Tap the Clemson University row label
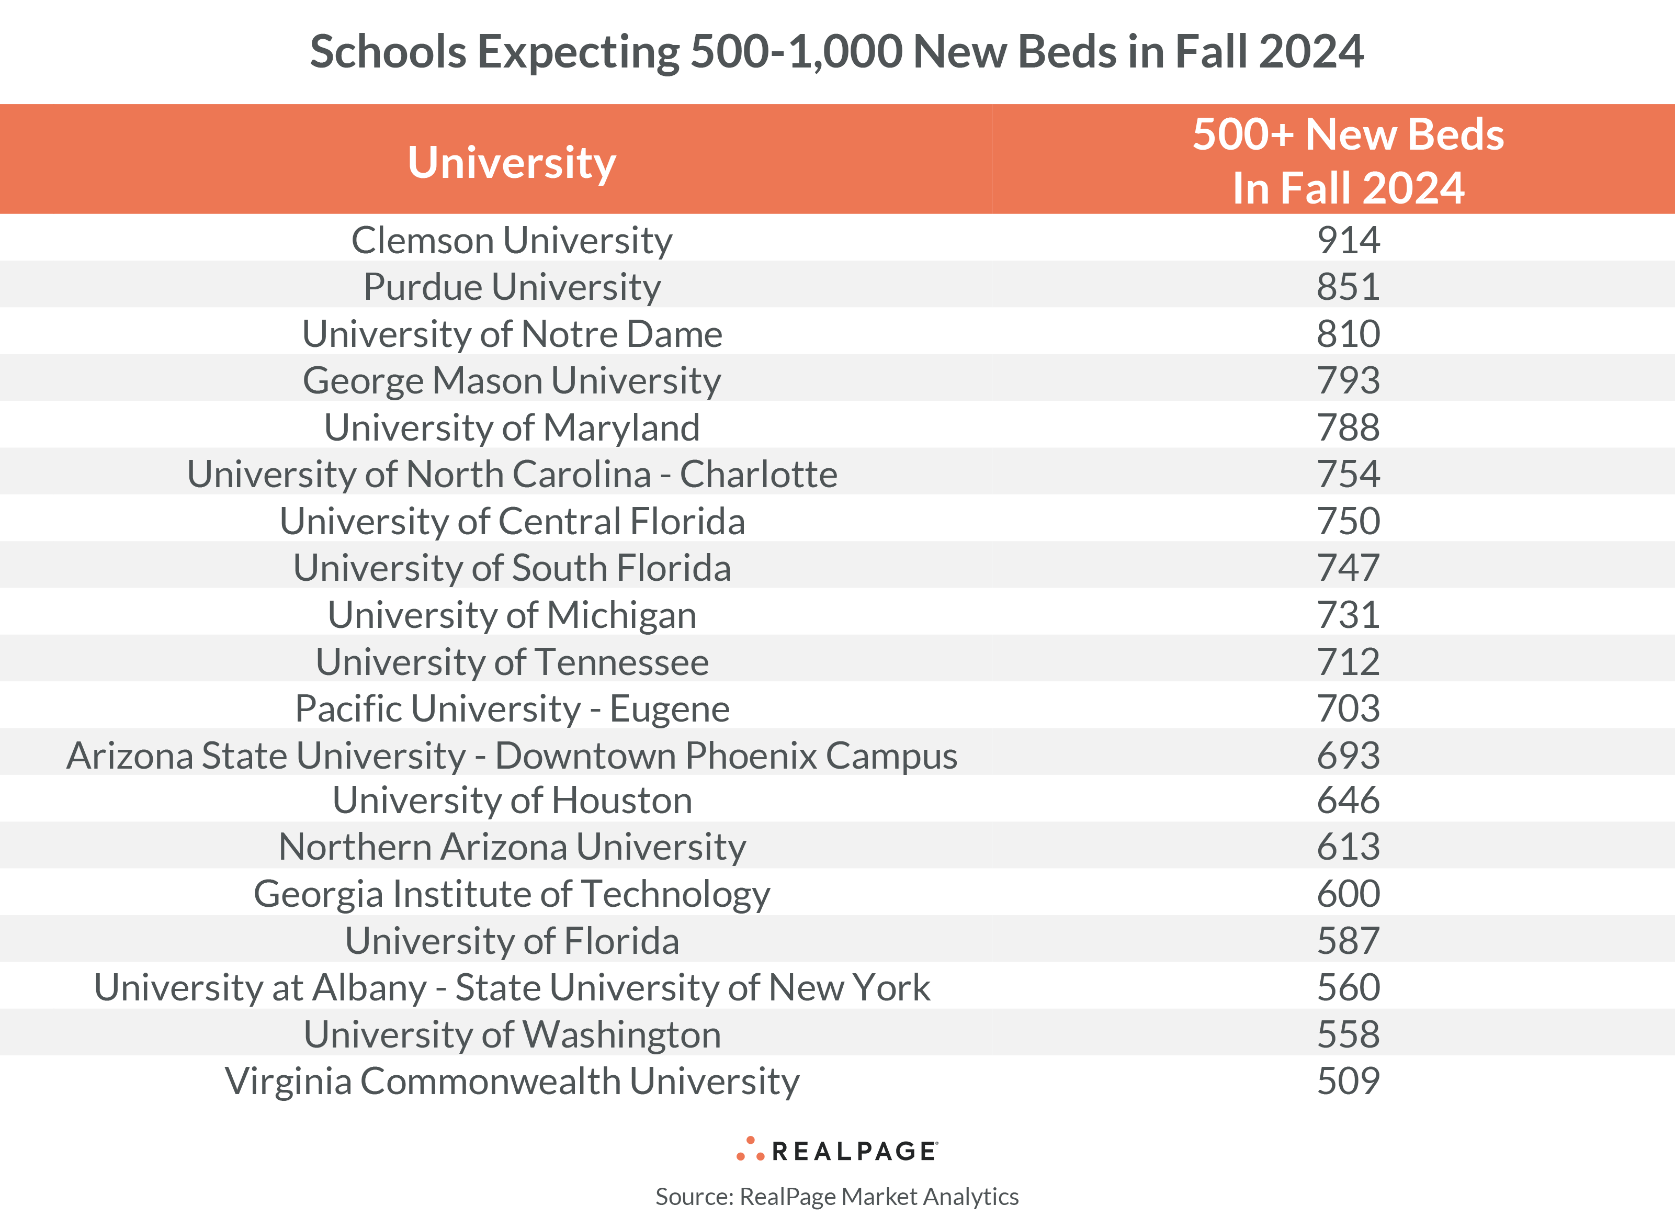point(511,240)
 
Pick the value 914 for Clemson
point(1348,240)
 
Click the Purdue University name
point(511,287)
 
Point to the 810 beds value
point(1348,334)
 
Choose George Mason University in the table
point(511,380)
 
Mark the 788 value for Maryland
point(1348,427)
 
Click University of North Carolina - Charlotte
point(511,474)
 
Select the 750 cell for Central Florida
point(1348,521)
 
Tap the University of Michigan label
point(511,615)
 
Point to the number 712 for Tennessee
point(1348,661)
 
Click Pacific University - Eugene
point(511,708)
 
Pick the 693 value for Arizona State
point(1348,755)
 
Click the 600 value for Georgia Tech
point(1348,893)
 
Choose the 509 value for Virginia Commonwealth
point(1348,1081)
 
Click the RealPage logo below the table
point(837,1150)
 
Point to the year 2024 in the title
point(1310,52)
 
